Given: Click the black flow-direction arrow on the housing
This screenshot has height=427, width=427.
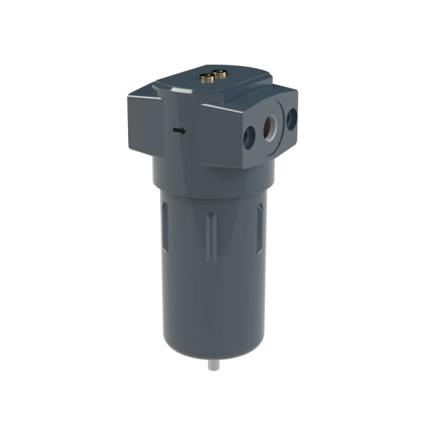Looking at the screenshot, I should [x=180, y=130].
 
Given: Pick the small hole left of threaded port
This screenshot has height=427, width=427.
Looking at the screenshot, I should [x=248, y=136].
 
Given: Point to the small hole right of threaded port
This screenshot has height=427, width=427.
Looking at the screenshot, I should [x=291, y=119].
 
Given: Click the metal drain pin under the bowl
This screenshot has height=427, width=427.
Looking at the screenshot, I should [x=212, y=363].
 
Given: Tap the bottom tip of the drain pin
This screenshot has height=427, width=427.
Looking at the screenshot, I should [x=212, y=369].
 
